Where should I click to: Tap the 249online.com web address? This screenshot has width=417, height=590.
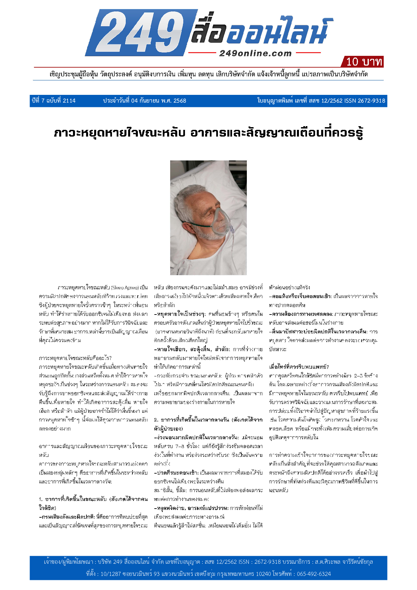point(255,53)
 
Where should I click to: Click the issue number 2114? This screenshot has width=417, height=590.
point(69,101)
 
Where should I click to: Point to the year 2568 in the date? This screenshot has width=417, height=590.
point(180,101)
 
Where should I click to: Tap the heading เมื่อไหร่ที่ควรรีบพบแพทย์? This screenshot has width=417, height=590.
point(299,367)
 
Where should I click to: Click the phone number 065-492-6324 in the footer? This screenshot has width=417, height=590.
point(314,574)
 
